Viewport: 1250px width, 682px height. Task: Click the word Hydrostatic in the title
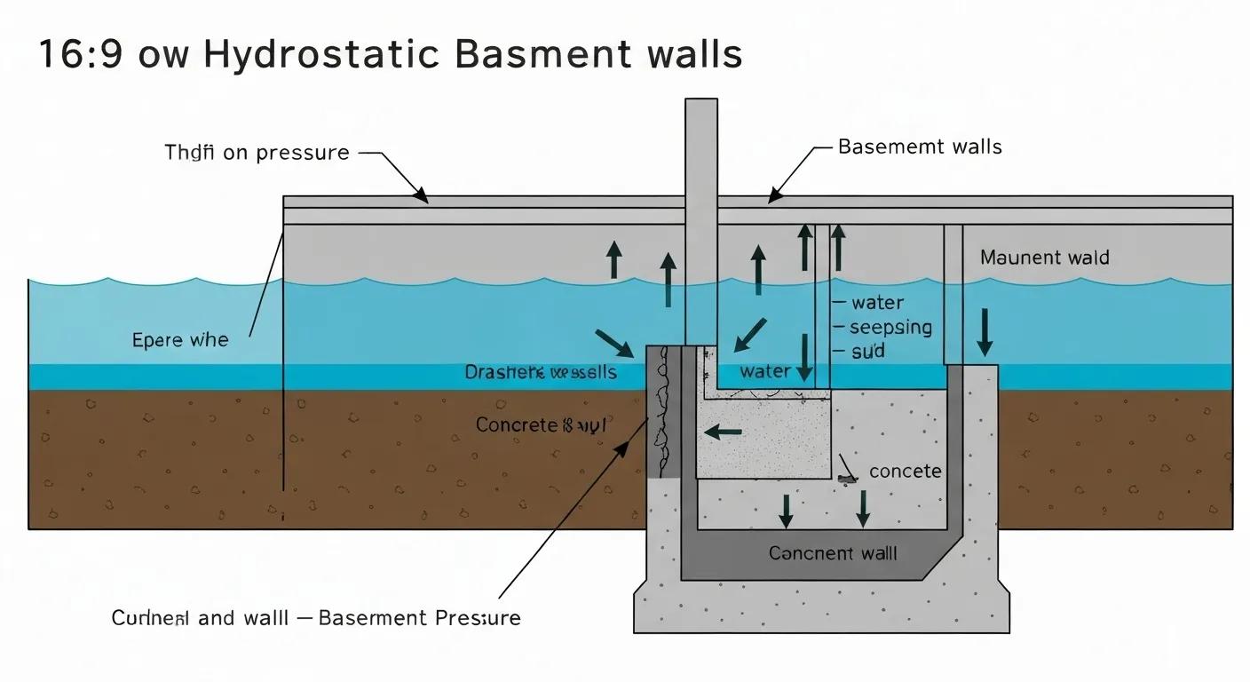tap(320, 55)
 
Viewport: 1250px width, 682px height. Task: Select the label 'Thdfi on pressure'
tap(257, 153)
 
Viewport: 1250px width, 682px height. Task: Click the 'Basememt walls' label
tap(920, 147)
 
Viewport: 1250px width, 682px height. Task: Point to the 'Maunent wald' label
tap(1044, 258)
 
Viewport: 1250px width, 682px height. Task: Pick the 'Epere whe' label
tap(179, 340)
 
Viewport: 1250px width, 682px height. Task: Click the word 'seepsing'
tap(890, 328)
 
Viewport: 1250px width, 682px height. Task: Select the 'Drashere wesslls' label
tap(540, 372)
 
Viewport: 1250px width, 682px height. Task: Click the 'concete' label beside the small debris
tap(905, 472)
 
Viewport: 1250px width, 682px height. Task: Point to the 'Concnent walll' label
tap(833, 554)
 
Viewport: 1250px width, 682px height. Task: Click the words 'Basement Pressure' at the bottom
tap(419, 618)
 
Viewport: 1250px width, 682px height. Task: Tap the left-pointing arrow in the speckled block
tap(722, 432)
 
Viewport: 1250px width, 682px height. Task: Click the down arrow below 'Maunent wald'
tap(985, 332)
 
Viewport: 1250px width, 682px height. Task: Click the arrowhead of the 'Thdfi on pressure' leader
tap(422, 196)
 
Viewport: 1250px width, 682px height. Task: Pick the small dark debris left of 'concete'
tap(847, 479)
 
